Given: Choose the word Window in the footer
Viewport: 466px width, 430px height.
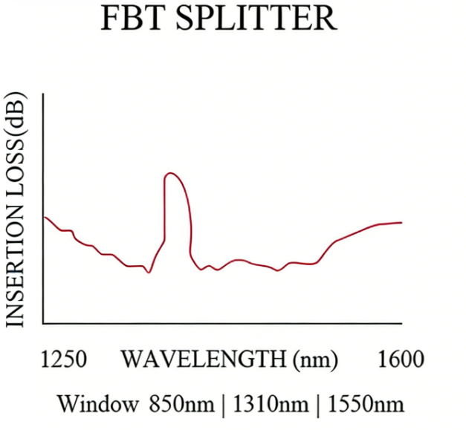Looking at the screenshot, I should coord(97,405).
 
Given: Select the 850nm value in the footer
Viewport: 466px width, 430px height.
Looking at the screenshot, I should coord(183,405).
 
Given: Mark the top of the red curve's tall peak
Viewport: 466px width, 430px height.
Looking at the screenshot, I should coord(171,173).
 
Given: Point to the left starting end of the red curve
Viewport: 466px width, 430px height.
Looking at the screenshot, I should coord(45,216).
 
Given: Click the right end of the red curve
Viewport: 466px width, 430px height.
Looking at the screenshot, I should coord(402,222).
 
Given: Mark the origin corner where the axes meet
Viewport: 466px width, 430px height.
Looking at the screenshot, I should coord(44,324).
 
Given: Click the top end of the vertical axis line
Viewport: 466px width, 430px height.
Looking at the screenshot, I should coord(44,94).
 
